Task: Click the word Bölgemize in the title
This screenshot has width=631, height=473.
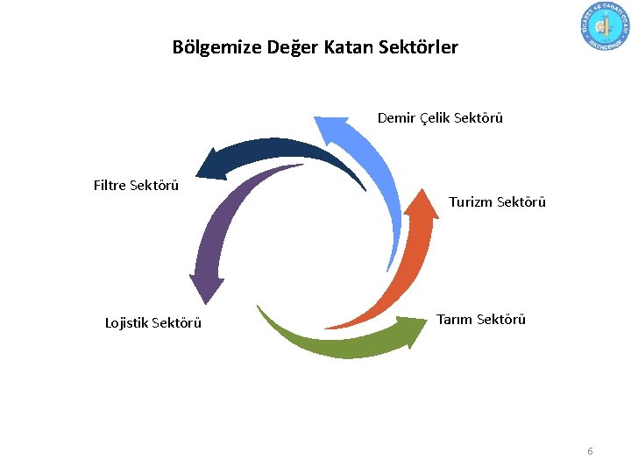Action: pyautogui.click(x=209, y=47)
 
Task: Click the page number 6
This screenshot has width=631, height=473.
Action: pyautogui.click(x=590, y=451)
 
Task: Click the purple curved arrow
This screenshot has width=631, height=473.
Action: pyautogui.click(x=219, y=228)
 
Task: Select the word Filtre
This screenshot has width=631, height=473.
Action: pyautogui.click(x=110, y=185)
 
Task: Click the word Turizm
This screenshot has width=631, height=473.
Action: pyautogui.click(x=471, y=202)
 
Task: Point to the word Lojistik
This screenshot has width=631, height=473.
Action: pyautogui.click(x=127, y=323)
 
